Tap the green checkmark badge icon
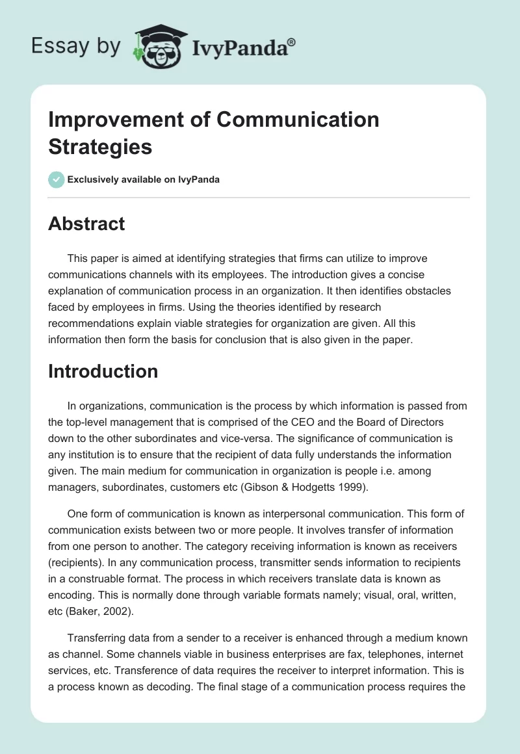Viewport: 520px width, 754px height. pyautogui.click(x=57, y=179)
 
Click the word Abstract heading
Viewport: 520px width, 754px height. pyautogui.click(x=86, y=224)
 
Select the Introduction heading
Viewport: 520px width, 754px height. pyautogui.click(x=103, y=371)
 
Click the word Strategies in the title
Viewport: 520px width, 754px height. pyautogui.click(x=100, y=146)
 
